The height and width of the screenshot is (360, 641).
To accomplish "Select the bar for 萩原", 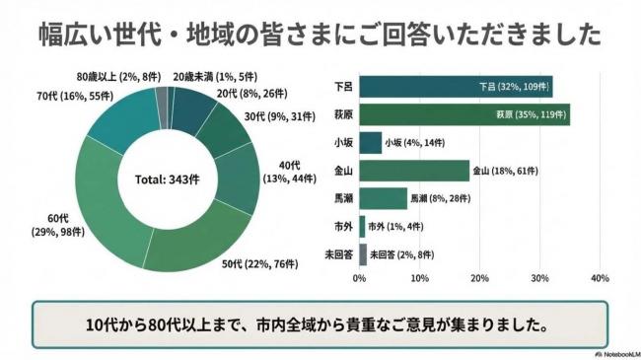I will pos(464,114).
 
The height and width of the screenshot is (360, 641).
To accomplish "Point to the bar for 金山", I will pos(414,170).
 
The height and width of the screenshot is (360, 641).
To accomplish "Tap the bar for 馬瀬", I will pos(384,198).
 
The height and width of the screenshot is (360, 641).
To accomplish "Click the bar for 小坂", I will pos(371,142).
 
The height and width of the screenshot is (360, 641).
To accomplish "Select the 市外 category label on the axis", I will pos(339,226).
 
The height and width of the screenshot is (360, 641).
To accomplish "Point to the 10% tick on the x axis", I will pos(419,279).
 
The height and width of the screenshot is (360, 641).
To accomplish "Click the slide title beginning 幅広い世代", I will pos(320,34).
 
